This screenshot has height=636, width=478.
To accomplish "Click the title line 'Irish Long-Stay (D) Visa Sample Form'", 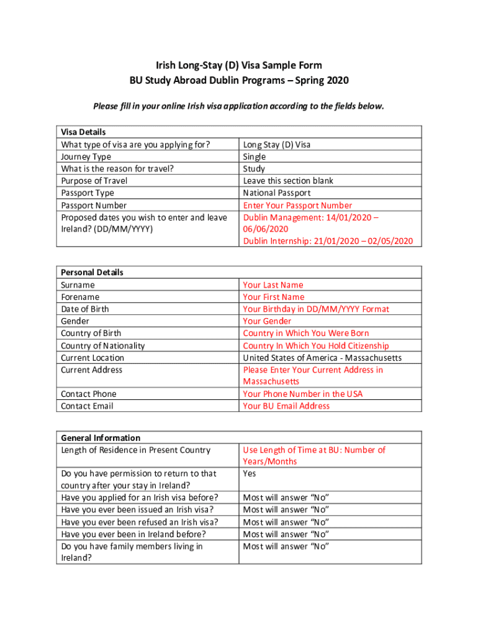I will point(239,65).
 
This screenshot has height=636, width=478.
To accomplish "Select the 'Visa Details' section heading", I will point(83,132).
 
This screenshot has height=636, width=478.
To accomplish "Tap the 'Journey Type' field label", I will point(86,157).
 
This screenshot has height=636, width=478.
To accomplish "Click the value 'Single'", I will point(255,157).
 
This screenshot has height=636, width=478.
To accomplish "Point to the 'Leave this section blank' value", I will point(288,181).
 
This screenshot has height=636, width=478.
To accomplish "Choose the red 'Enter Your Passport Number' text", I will point(297,205).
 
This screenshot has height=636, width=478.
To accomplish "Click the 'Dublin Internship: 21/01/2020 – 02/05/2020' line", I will point(328,241).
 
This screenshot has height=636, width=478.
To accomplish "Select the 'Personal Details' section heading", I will point(92,272).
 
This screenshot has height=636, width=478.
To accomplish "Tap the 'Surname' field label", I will point(78,285).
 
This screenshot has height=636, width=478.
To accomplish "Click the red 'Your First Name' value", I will point(274,297).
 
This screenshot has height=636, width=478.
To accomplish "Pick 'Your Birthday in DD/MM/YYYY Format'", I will point(316,309).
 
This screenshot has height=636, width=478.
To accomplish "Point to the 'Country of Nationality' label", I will point(103,345).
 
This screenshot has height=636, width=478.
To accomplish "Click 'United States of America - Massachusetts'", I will point(322,358).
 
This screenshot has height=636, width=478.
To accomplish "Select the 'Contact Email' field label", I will point(87,406).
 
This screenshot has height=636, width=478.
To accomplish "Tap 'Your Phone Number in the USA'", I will point(303,394).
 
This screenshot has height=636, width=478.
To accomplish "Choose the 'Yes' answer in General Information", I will point(250,473).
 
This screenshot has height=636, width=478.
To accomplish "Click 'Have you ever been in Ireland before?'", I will point(133,534).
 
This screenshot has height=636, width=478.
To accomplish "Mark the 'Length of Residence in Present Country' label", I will point(135,450).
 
